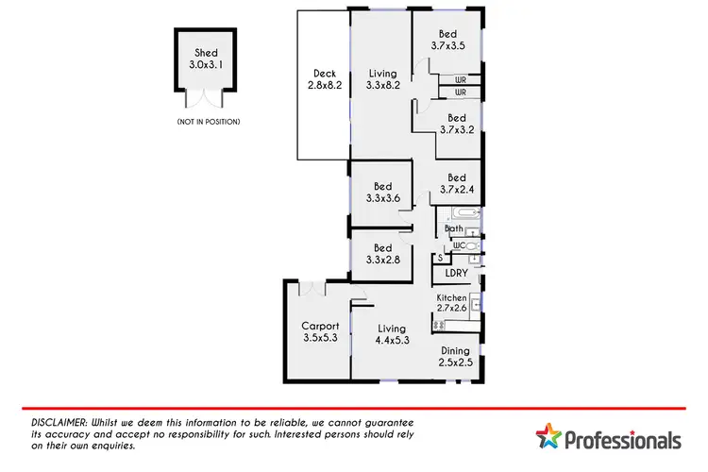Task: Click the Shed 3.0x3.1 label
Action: tap(206, 59)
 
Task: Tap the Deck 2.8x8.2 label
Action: tap(324, 78)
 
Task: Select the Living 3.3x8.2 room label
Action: tap(381, 78)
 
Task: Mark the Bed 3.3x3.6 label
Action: tap(381, 193)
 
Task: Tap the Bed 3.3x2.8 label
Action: tap(381, 254)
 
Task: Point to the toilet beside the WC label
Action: tap(473, 244)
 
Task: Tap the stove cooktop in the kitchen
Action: tap(438, 326)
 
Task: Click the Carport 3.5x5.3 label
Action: tap(320, 332)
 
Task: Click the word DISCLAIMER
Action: tap(58, 423)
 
